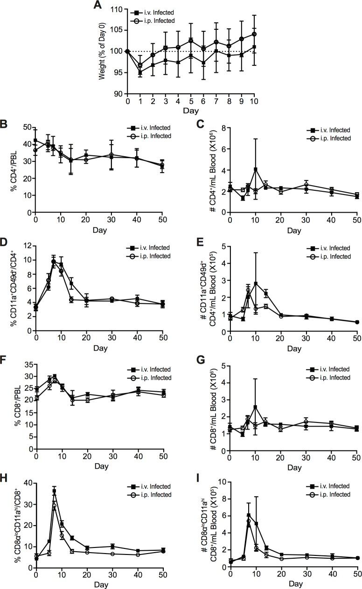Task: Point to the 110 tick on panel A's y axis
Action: [118, 10]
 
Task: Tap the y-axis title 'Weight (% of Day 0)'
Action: [102, 52]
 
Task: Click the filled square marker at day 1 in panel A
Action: [140, 72]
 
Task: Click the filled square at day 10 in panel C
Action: [255, 169]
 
